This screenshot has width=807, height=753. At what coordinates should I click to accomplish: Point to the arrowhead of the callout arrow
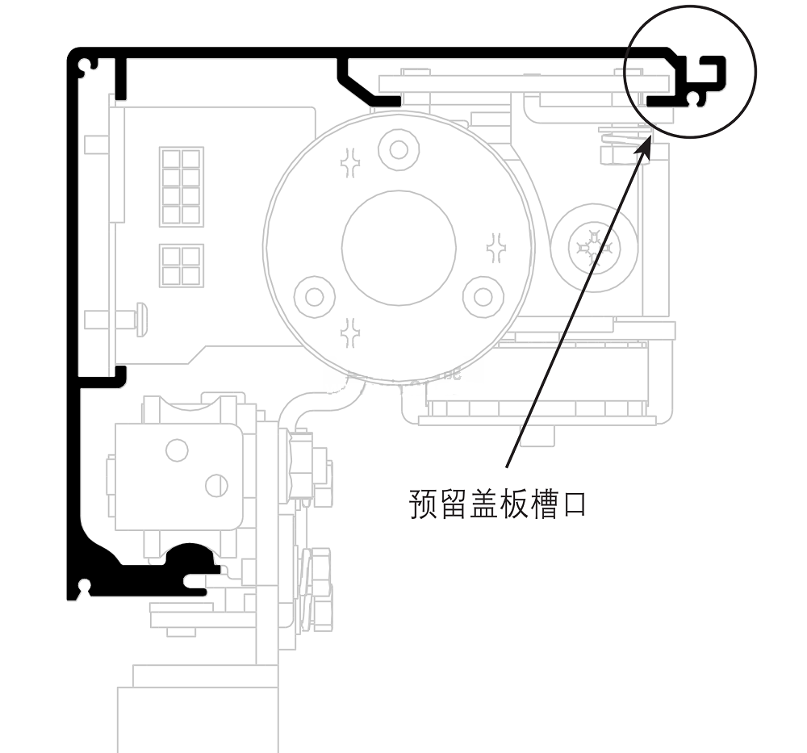pyautogui.click(x=648, y=140)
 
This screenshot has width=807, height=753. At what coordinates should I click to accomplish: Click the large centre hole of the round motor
pyautogui.click(x=399, y=247)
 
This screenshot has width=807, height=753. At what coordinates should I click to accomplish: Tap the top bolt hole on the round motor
pyautogui.click(x=399, y=149)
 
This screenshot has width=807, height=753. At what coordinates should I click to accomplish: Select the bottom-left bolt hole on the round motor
pyautogui.click(x=314, y=296)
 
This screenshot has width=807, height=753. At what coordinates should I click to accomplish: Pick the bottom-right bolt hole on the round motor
pyautogui.click(x=483, y=296)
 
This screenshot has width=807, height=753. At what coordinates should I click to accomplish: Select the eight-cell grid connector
pyautogui.click(x=182, y=186)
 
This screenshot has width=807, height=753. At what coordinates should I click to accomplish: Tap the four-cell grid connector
pyautogui.click(x=182, y=266)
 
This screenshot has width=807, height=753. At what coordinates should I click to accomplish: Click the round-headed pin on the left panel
pyautogui.click(x=141, y=319)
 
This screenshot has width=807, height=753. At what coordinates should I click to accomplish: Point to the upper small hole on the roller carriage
pyautogui.click(x=177, y=450)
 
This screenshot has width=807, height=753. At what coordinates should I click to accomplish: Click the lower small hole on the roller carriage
pyautogui.click(x=215, y=485)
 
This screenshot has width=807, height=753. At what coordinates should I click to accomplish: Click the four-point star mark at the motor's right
pyautogui.click(x=495, y=247)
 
